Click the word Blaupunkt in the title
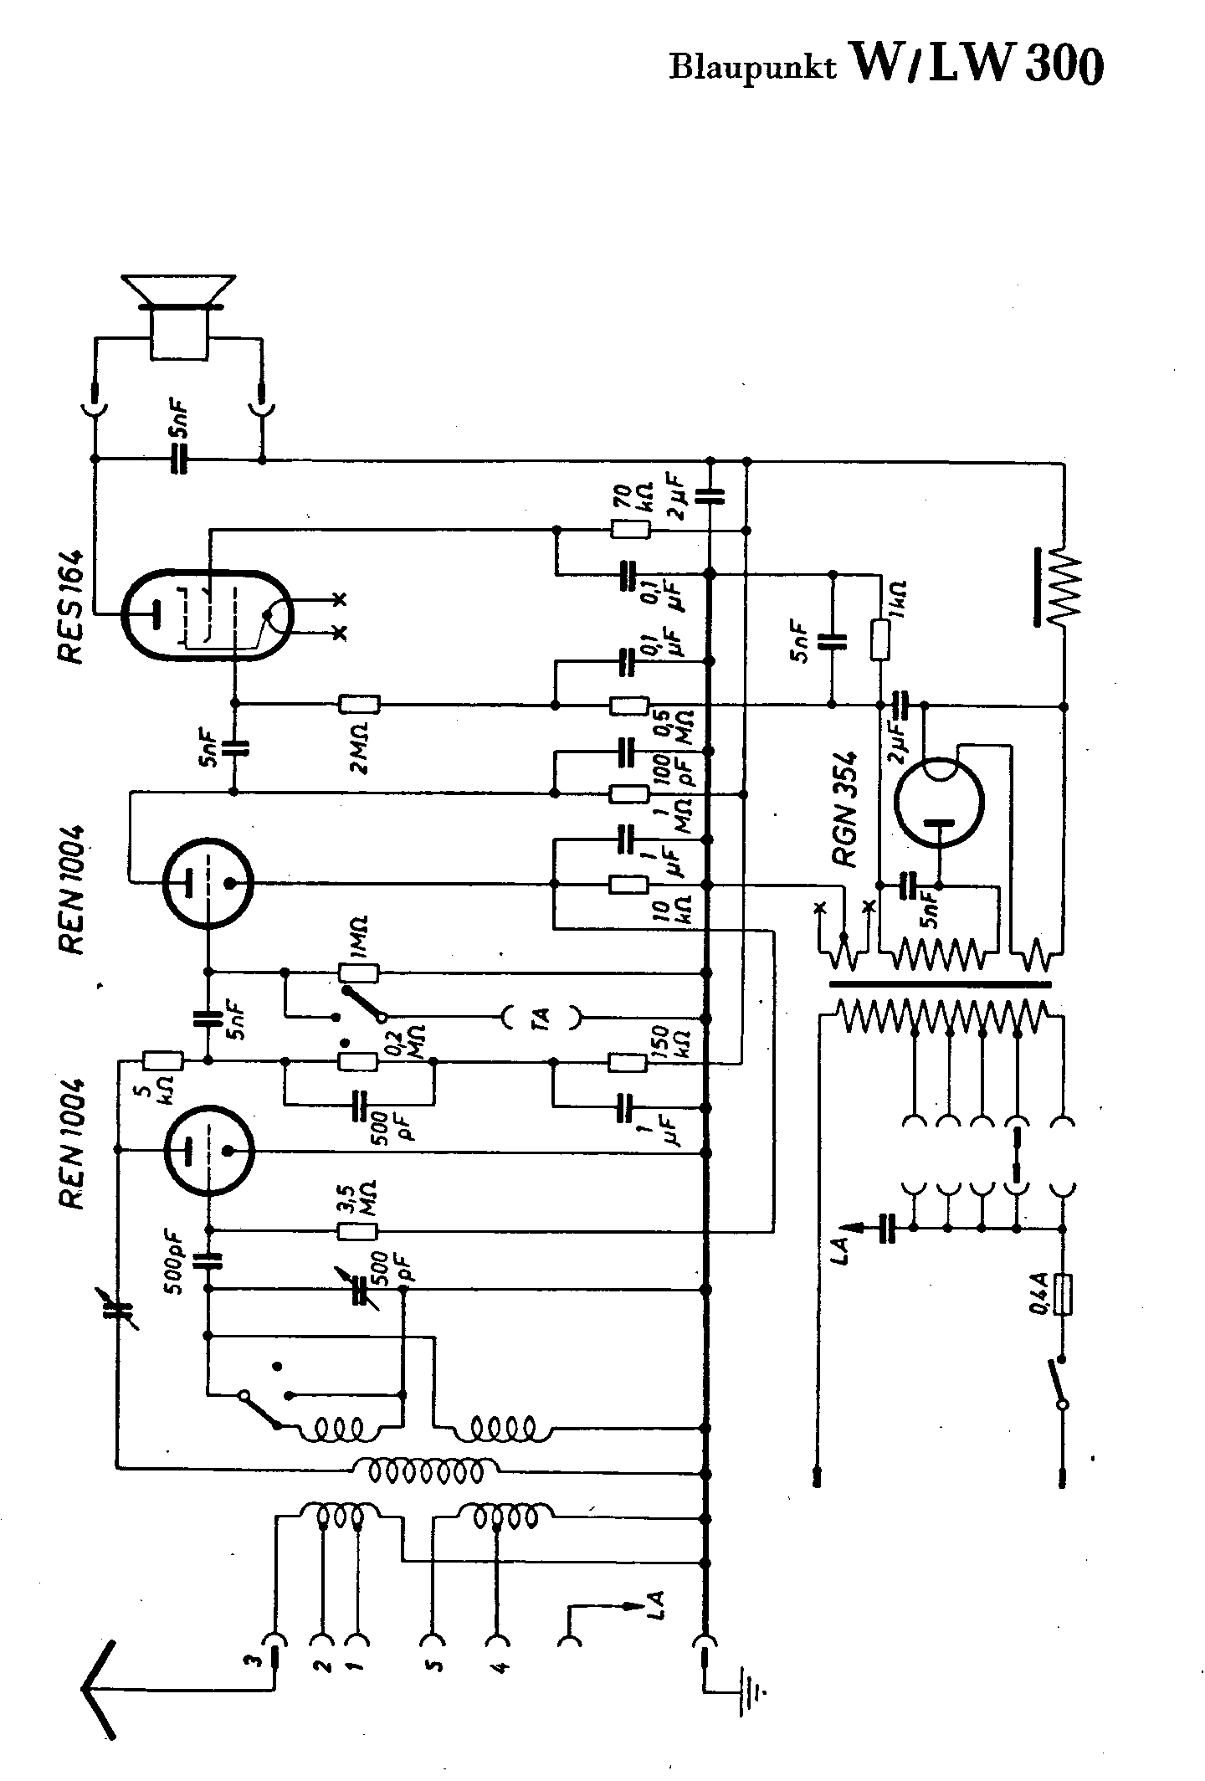coord(751,68)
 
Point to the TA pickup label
coord(541,1018)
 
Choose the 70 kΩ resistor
coord(629,529)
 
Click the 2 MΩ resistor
coord(359,705)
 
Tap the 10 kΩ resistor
coord(628,884)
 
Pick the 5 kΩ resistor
coord(163,1061)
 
